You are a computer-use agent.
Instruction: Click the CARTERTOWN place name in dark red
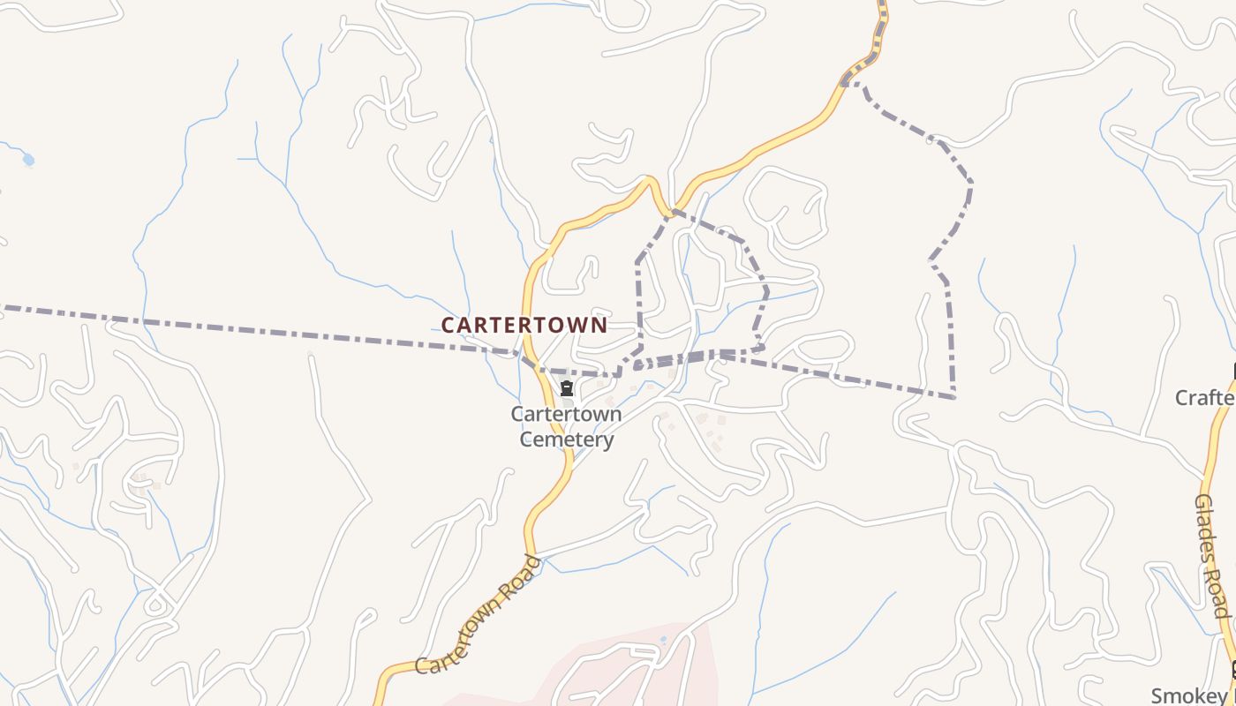(x=524, y=325)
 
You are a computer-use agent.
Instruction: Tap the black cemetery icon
(x=567, y=388)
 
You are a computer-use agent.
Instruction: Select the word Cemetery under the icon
(x=566, y=439)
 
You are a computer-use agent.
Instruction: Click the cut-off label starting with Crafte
(x=1204, y=398)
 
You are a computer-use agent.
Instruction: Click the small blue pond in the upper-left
(x=28, y=160)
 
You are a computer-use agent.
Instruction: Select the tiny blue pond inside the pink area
(x=663, y=640)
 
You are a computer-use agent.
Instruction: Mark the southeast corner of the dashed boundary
(x=953, y=397)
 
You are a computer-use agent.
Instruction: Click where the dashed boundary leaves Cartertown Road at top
(x=846, y=84)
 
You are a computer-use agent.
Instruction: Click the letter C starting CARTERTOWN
(x=448, y=325)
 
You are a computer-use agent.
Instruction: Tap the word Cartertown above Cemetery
(x=566, y=414)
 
